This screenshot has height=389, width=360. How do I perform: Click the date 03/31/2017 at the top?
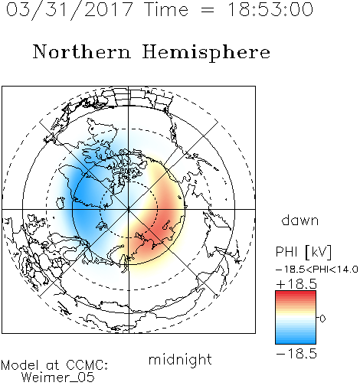[x=70, y=10]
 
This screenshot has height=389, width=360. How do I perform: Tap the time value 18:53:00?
[x=270, y=9]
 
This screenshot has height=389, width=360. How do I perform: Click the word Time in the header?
[x=166, y=9]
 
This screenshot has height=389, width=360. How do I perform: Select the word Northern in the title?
[x=82, y=51]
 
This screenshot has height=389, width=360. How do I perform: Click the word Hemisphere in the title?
[x=206, y=53]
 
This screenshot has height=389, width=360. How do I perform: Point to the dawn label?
[x=300, y=220]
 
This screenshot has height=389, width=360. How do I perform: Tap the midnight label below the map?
[x=180, y=360]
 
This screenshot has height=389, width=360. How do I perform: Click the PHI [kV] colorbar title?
[x=303, y=252]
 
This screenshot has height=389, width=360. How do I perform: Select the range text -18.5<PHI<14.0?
[x=317, y=270]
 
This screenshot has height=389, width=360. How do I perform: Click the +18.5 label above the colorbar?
[x=296, y=284]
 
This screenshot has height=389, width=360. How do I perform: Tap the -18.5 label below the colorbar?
[x=296, y=354]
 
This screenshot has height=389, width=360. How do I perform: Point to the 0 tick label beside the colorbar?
[x=322, y=319]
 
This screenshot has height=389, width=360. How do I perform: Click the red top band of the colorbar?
[x=296, y=294]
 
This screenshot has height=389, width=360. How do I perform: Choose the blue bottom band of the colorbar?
[x=296, y=341]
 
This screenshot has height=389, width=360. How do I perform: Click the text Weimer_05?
[x=58, y=378]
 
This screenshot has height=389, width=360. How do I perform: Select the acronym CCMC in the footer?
[x=87, y=365]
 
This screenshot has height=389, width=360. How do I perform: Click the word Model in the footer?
[x=20, y=365]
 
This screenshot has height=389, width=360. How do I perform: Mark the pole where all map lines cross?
[x=129, y=209]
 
